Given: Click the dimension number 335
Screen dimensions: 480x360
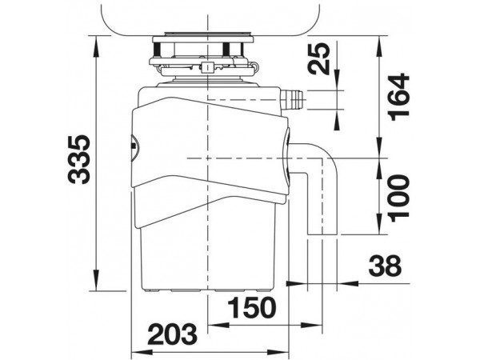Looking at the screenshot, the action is [x=79, y=159].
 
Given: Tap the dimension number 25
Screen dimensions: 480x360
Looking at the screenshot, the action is [x=320, y=59].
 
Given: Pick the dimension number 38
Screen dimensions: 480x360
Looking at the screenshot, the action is [x=385, y=266].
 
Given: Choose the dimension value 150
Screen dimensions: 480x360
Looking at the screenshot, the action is [x=252, y=307].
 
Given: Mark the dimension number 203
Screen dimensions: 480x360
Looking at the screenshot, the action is [x=172, y=334].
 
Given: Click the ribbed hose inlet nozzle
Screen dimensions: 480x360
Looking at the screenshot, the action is [x=292, y=100].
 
